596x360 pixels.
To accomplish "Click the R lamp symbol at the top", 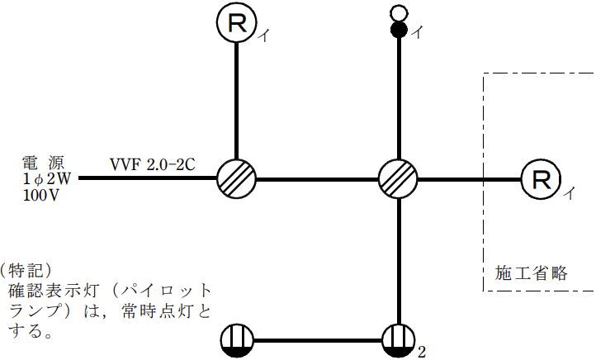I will click(237, 22).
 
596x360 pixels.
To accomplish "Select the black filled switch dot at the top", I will click(399, 31).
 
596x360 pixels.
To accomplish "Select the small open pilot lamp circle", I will click(399, 13).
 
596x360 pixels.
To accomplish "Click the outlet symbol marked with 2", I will click(399, 339).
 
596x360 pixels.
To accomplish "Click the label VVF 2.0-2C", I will click(154, 163).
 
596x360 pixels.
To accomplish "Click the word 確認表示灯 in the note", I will click(53, 291).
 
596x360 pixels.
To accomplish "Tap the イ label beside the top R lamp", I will click(263, 36).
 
